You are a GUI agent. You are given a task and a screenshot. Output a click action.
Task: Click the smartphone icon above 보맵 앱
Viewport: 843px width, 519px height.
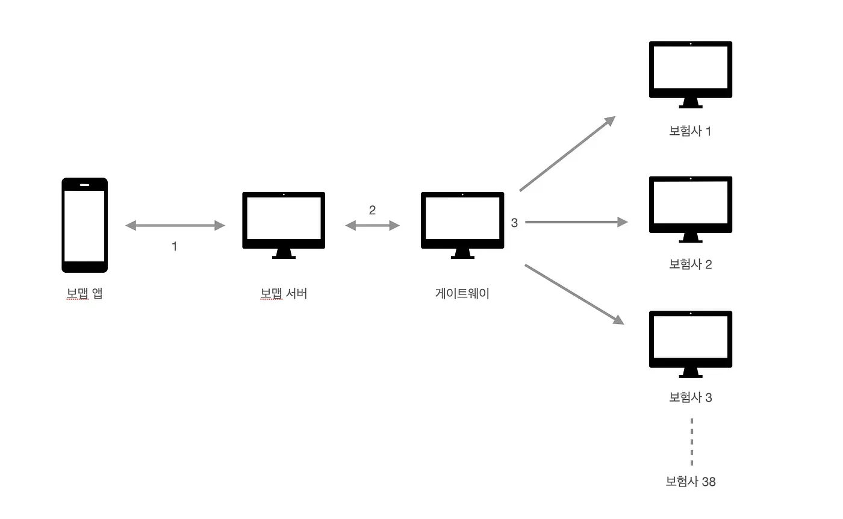(84, 225)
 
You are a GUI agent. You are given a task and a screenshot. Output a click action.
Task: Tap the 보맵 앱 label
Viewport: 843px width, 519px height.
(84, 294)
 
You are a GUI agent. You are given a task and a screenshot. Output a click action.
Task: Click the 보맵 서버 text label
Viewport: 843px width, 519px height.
(284, 294)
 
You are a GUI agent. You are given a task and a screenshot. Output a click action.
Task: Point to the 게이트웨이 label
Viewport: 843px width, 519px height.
(462, 294)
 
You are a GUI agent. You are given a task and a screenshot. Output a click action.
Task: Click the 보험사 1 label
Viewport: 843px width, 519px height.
(690, 131)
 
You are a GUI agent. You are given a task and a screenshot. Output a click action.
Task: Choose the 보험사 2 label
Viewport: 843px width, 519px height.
(691, 264)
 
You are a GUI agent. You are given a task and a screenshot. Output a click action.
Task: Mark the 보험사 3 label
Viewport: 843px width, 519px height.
(691, 397)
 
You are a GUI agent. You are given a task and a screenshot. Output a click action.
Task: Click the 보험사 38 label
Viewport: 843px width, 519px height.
(691, 482)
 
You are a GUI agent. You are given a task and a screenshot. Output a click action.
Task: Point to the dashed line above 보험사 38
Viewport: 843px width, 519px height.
(692, 441)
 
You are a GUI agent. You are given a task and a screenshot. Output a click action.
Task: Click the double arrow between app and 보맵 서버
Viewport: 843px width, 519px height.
(175, 226)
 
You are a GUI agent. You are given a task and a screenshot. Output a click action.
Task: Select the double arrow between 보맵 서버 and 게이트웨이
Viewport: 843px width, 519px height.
(372, 226)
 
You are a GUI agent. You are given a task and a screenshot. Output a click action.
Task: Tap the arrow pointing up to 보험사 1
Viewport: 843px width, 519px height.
(567, 154)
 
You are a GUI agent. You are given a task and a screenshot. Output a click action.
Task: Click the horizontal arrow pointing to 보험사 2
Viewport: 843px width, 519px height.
(576, 222)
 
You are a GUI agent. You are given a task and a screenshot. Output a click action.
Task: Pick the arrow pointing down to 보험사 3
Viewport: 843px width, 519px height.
(574, 294)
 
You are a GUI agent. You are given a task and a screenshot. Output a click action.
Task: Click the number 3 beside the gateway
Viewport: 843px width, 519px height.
(514, 223)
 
